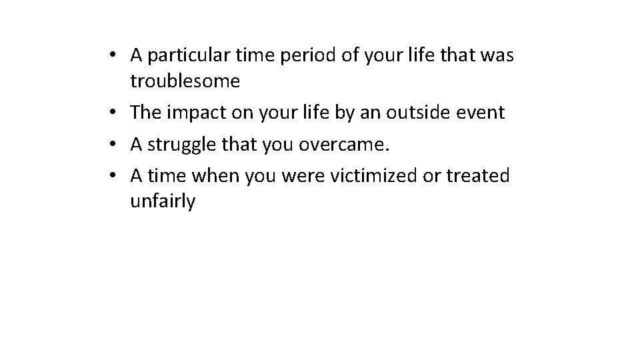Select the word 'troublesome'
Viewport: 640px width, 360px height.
[185, 81]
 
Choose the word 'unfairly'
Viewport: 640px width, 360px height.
[163, 201]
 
